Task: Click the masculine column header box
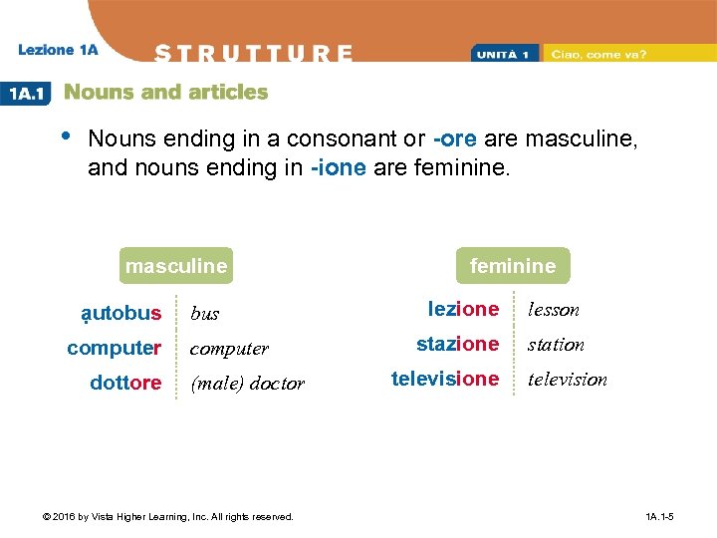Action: pyautogui.click(x=176, y=266)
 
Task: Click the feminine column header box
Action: pyautogui.click(x=513, y=266)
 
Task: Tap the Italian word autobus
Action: pyautogui.click(x=121, y=314)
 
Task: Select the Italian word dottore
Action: pyautogui.click(x=125, y=383)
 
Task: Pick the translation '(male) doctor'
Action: pyautogui.click(x=247, y=384)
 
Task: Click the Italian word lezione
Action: pyautogui.click(x=463, y=309)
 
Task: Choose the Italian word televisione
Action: pyautogui.click(x=444, y=379)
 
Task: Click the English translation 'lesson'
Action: pyautogui.click(x=553, y=310)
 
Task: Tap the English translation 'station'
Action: pyautogui.click(x=556, y=345)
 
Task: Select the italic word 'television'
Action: pyautogui.click(x=567, y=380)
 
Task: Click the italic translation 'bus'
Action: pyautogui.click(x=204, y=314)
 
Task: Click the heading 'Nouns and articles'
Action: pyautogui.click(x=165, y=93)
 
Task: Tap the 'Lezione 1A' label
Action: pyautogui.click(x=58, y=50)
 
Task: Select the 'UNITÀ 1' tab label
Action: pyautogui.click(x=507, y=54)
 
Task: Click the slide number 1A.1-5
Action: pyautogui.click(x=659, y=517)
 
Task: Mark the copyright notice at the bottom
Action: pyautogui.click(x=166, y=517)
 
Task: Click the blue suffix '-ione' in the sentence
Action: pyautogui.click(x=339, y=168)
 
